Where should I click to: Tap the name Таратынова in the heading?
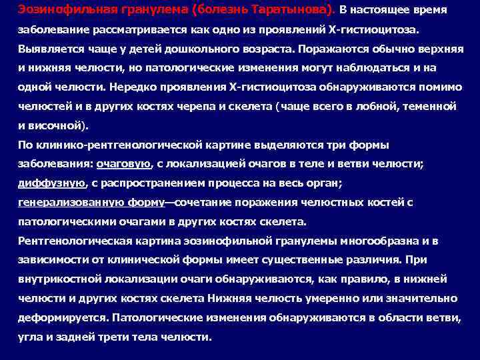click(x=293, y=10)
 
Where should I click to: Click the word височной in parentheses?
click(x=59, y=124)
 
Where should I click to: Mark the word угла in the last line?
click(x=29, y=337)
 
